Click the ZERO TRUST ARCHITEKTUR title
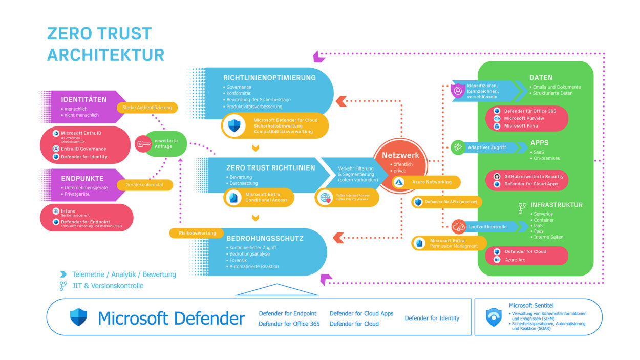coord(105,44)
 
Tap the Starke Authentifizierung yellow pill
coord(147,108)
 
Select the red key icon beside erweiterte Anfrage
coord(143,144)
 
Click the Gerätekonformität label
coord(144,185)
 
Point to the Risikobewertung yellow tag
coord(197,233)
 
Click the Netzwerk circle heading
coord(400,155)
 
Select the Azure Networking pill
coord(426,182)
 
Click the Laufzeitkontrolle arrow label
coord(487,226)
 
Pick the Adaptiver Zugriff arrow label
coord(486,147)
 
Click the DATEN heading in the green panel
coord(541,78)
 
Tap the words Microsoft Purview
coord(524,118)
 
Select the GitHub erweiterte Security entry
coord(534,176)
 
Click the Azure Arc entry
coord(515,260)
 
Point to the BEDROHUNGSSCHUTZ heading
coord(265,239)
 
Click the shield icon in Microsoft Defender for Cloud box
coord(234,125)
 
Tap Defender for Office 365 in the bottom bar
coord(289,324)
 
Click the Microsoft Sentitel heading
coord(531,305)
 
